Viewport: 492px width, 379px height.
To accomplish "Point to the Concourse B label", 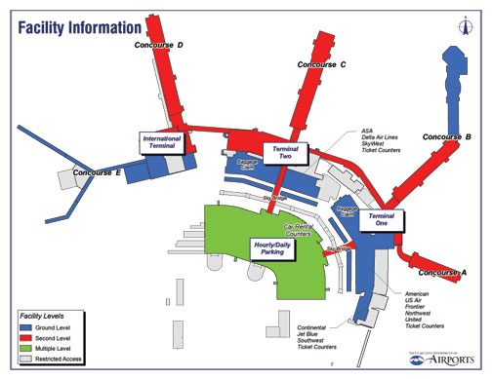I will (448, 136).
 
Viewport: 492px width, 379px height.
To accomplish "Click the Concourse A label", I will (436, 272).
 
